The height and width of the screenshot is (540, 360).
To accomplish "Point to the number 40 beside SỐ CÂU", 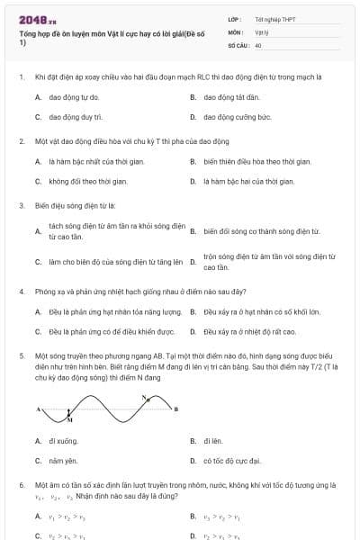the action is pos(258,44).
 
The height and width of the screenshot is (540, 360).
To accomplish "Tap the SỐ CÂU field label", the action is pos(238,44).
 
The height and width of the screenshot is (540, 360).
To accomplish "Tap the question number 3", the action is pos(21,205).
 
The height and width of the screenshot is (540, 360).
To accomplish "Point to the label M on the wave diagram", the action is pos(71,419).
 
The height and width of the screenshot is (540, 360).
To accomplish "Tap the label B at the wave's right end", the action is pos(175,409).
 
